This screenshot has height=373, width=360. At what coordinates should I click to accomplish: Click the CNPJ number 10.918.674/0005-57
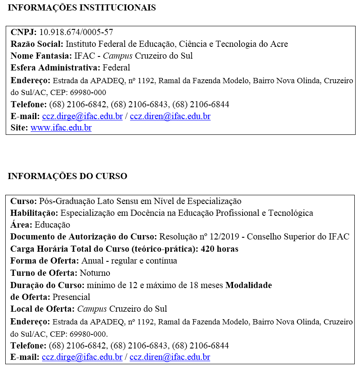tap(76, 32)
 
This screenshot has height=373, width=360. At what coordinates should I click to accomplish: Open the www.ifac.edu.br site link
tap(61, 128)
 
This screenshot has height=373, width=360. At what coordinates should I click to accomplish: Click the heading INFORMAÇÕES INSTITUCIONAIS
tap(82, 8)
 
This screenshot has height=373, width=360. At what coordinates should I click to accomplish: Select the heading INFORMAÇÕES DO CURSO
tap(67, 176)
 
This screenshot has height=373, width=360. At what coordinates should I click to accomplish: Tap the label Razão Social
tap(37, 44)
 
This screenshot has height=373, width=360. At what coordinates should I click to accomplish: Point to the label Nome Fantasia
tap(41, 56)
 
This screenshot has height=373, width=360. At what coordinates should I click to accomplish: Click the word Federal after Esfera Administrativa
tap(116, 68)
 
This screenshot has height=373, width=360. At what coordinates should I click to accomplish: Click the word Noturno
tap(95, 273)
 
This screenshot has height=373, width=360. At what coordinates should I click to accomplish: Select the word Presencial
tap(71, 297)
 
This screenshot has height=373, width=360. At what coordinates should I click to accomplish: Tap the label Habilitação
tap(34, 213)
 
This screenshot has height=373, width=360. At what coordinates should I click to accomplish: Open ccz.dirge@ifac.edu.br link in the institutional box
tap(82, 116)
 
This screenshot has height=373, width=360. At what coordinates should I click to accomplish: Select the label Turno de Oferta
tap(44, 273)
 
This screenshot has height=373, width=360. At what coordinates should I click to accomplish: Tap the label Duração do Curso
tap(47, 285)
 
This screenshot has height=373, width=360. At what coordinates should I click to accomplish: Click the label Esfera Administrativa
tap(55, 68)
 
